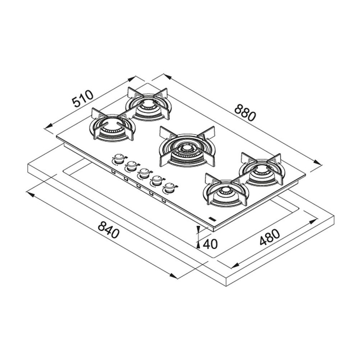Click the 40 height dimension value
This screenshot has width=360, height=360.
(x=210, y=244)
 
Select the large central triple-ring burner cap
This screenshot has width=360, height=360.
(x=186, y=148)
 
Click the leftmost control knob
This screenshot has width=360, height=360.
(x=118, y=158)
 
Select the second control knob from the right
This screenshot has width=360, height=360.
(x=157, y=180)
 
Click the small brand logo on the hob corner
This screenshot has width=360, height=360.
(x=211, y=219)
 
